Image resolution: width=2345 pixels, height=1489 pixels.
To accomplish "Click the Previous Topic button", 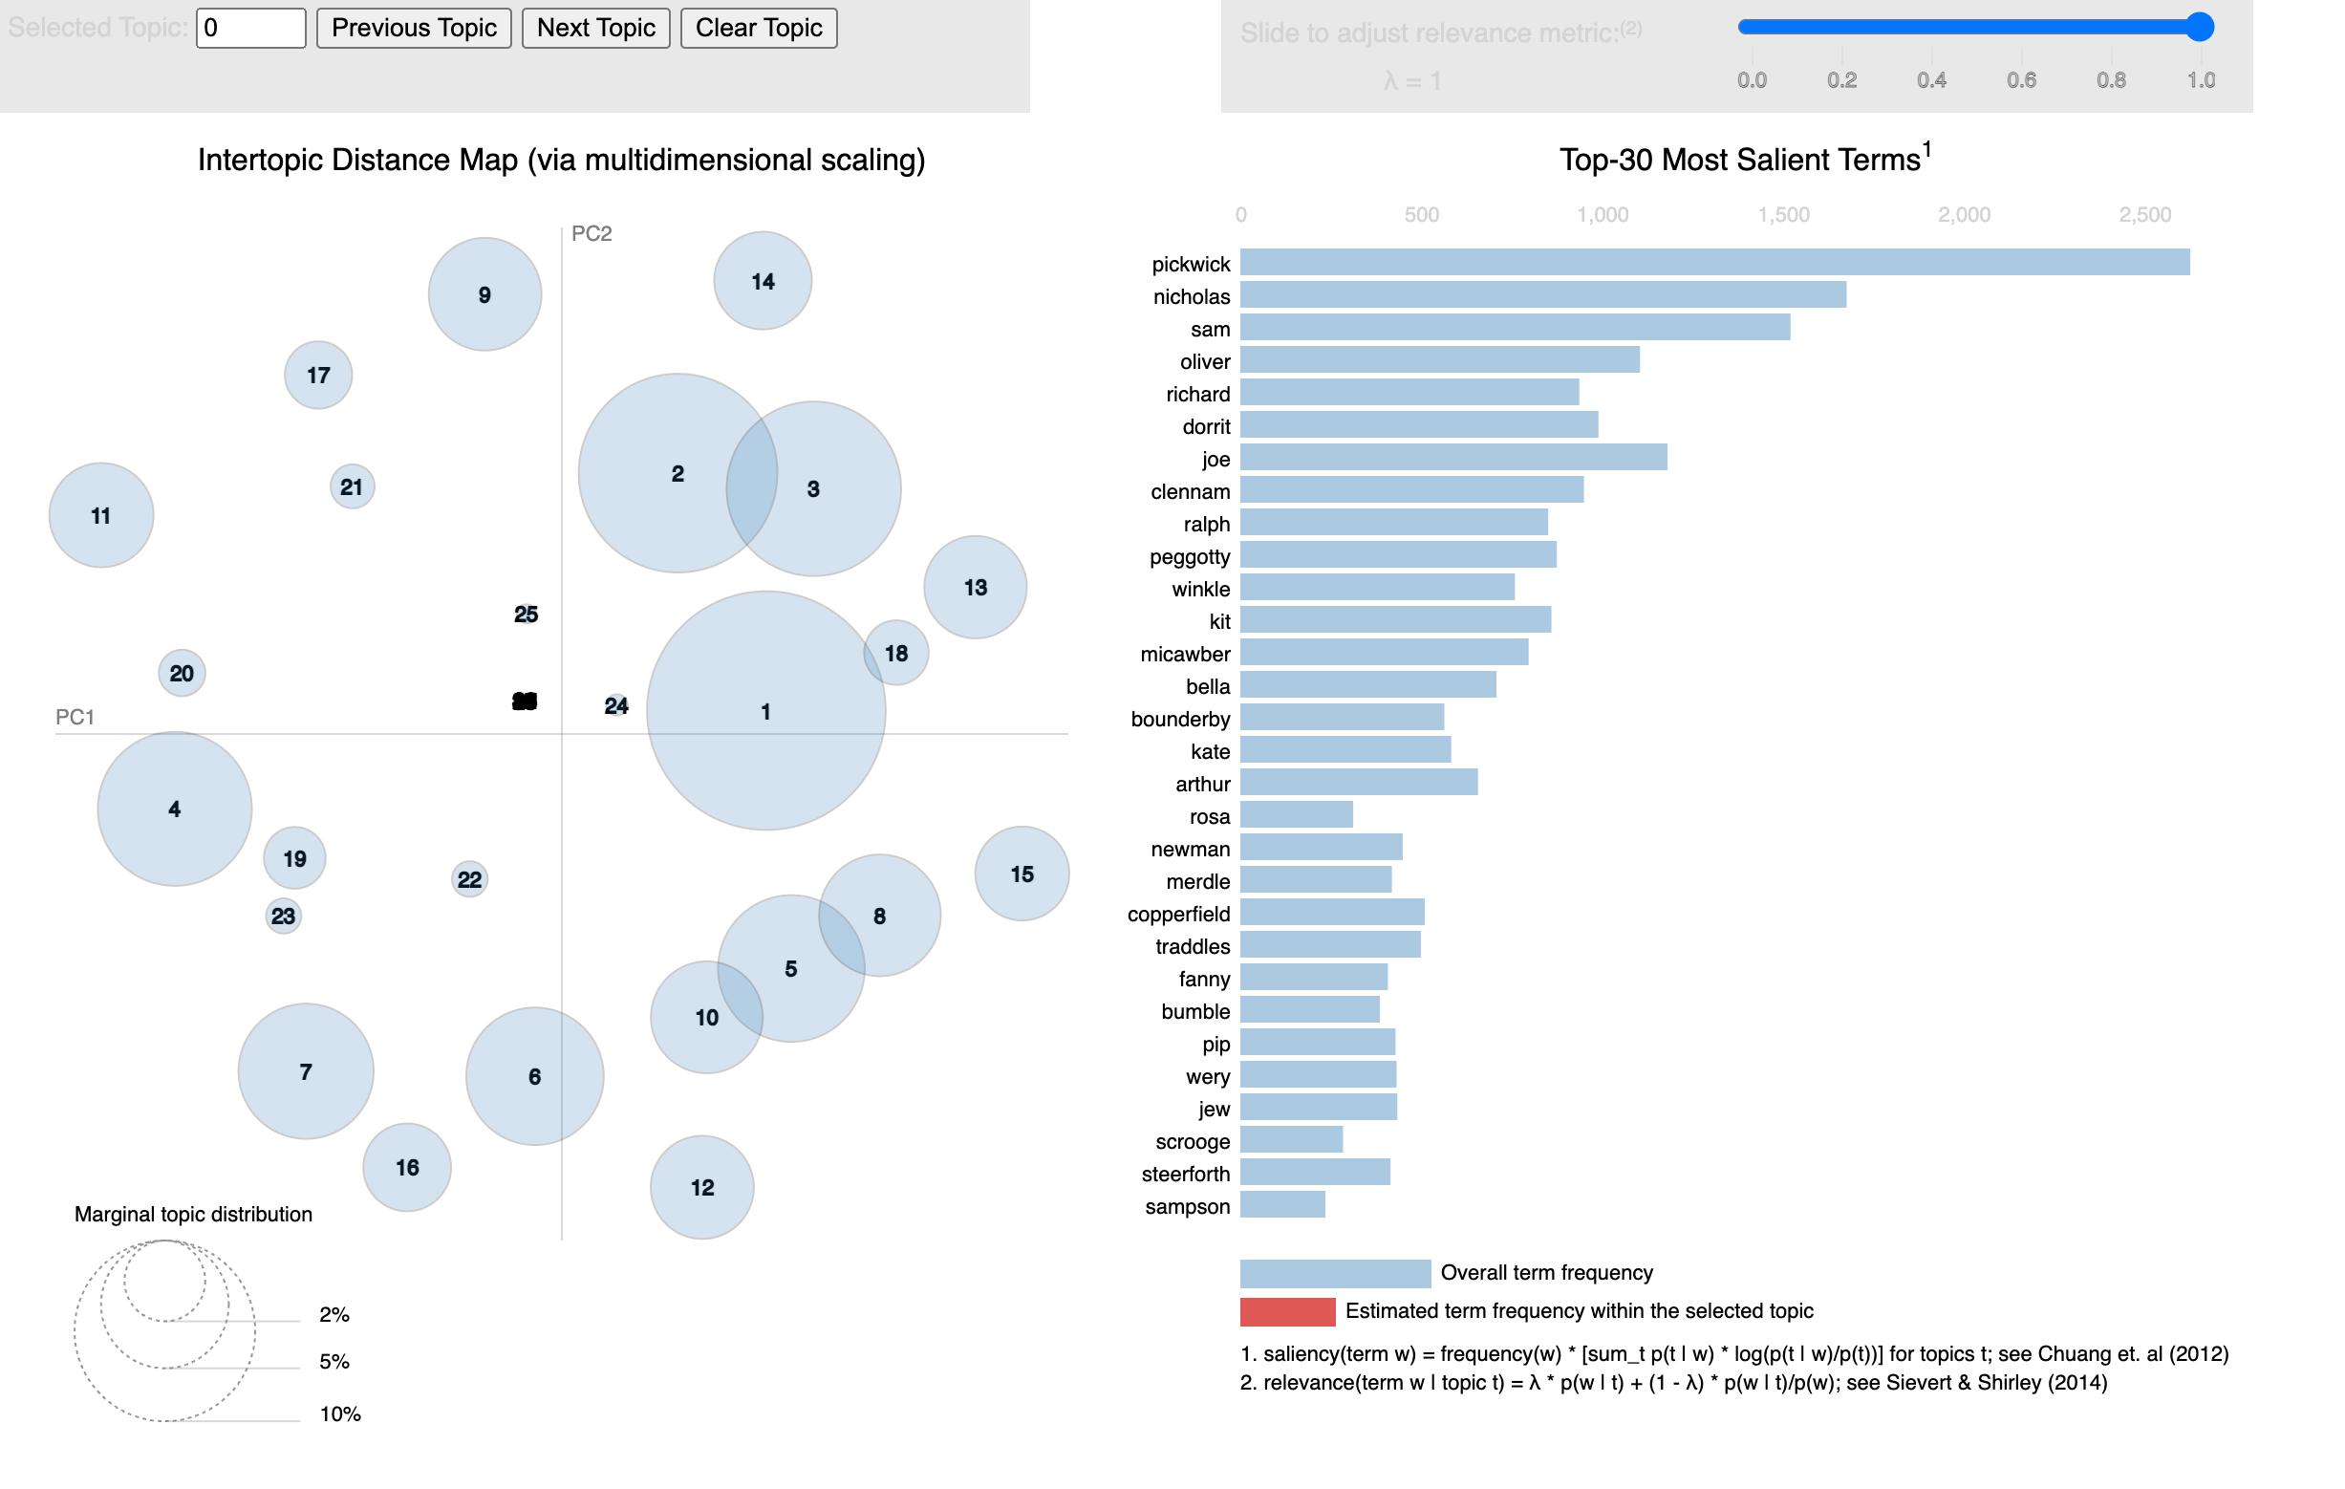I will pyautogui.click(x=414, y=29).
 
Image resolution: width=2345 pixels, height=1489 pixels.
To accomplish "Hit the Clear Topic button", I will pyautogui.click(x=758, y=29).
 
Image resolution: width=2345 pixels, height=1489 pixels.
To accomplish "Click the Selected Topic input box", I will pyautogui.click(x=250, y=29).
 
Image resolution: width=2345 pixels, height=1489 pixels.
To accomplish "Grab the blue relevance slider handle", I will pyautogui.click(x=2199, y=28).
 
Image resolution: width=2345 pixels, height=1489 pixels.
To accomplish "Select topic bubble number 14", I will pyautogui.click(x=763, y=281).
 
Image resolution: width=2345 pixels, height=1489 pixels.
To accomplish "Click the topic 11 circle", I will pyautogui.click(x=101, y=515).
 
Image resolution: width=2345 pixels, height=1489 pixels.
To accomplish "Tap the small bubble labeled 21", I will pyautogui.click(x=352, y=486).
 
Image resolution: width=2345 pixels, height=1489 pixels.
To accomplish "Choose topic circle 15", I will pyautogui.click(x=1022, y=874).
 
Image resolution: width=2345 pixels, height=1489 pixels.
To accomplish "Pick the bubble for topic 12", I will pyautogui.click(x=702, y=1187).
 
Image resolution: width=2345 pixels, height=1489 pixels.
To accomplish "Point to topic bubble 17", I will pyautogui.click(x=318, y=375).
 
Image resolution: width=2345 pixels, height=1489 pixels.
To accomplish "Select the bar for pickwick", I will pyautogui.click(x=1714, y=263).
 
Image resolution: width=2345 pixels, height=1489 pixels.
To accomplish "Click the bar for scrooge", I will pyautogui.click(x=1291, y=1140).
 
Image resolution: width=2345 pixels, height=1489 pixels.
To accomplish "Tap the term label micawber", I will pyautogui.click(x=1185, y=655).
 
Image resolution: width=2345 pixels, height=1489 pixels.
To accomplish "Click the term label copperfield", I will pyautogui.click(x=1178, y=915).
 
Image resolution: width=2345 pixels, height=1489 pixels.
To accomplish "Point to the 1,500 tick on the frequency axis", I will pyautogui.click(x=1783, y=215).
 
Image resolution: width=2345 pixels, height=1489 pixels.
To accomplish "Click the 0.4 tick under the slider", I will pyautogui.click(x=1931, y=81).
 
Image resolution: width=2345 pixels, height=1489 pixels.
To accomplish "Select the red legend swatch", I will pyautogui.click(x=1286, y=1312).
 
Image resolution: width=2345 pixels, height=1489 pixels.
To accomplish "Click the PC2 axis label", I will pyautogui.click(x=592, y=234).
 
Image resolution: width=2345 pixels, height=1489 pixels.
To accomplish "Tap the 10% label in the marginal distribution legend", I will pyautogui.click(x=340, y=1414).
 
